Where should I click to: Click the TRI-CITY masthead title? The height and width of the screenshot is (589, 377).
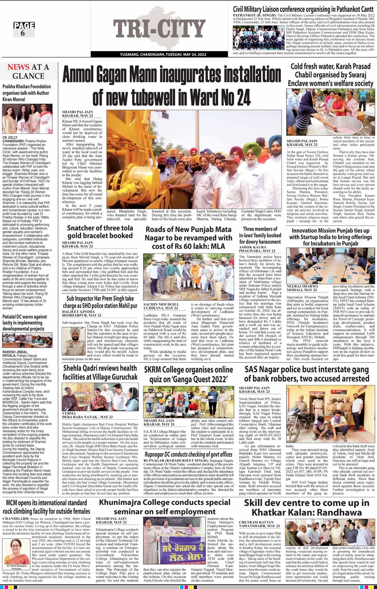coord(159,29)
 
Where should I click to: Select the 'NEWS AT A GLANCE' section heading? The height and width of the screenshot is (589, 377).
coord(28,71)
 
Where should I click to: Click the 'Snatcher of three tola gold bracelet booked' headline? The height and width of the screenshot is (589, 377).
coord(100,232)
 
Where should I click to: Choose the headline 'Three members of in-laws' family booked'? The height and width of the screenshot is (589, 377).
coord(260,235)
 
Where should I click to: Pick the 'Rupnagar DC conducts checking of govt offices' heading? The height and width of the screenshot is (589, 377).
coord(188,454)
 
